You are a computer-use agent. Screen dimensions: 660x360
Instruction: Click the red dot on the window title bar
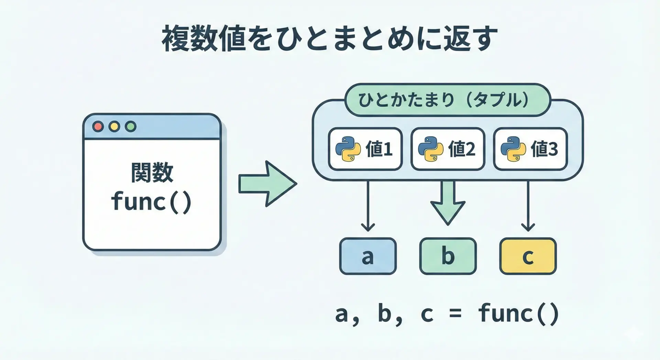point(98,127)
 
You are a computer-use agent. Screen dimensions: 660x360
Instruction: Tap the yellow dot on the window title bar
point(114,127)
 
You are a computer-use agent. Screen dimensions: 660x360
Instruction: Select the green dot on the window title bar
point(130,127)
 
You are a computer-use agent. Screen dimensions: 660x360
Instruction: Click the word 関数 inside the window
point(152,173)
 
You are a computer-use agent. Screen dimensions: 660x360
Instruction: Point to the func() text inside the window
point(151,202)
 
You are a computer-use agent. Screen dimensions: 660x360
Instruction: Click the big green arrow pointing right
point(267,184)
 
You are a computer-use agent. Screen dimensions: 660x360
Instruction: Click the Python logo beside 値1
point(348,149)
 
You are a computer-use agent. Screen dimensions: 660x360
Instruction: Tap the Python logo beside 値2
point(431,149)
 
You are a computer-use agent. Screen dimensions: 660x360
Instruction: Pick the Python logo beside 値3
point(513,149)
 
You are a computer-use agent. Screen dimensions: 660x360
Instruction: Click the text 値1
point(379,149)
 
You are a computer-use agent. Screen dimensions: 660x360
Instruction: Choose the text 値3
point(544,149)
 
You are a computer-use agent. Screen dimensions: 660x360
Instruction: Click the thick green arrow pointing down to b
point(448,203)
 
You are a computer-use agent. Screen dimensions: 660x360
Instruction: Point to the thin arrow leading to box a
point(368,206)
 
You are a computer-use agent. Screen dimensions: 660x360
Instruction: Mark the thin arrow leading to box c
point(528,206)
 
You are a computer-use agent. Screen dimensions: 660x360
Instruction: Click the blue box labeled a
point(368,256)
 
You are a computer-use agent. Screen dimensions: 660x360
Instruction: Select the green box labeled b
point(448,256)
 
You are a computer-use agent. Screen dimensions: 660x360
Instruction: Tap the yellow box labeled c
point(528,256)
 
